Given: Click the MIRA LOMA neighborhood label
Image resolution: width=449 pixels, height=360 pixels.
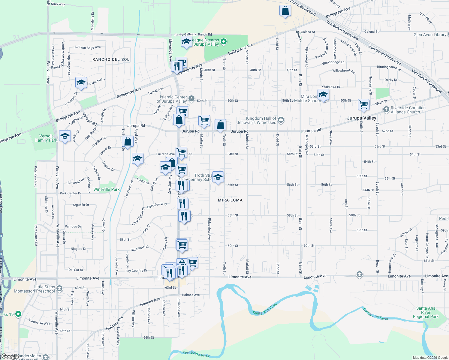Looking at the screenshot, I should click(230, 200).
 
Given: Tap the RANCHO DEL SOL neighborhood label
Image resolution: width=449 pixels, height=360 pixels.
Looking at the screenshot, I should click(111, 59).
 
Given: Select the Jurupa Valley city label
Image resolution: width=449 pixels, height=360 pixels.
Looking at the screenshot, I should click(361, 118).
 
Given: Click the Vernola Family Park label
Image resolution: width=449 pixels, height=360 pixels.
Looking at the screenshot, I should click(46, 138).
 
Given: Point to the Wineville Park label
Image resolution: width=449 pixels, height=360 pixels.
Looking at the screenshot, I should click(106, 189).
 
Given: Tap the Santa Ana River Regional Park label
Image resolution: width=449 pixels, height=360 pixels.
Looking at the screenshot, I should click(426, 312).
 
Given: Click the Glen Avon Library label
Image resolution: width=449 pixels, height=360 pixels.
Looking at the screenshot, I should click(429, 34).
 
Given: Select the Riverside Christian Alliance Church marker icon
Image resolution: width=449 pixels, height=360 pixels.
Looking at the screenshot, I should click(386, 109).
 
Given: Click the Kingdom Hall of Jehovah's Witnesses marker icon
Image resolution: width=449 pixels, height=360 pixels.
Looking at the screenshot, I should click(281, 120).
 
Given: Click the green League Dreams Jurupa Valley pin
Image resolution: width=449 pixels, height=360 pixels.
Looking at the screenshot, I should click(224, 42).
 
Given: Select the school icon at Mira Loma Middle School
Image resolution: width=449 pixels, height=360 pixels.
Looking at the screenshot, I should click(323, 95).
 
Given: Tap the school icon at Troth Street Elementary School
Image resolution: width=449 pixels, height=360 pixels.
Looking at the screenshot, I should click(218, 177).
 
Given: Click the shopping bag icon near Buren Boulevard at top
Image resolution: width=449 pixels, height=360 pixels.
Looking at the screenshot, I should click(285, 11).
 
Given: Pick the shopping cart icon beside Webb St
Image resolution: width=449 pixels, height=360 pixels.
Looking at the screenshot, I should click(363, 105).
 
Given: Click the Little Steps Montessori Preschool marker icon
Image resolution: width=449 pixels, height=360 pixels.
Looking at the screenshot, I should click(59, 289).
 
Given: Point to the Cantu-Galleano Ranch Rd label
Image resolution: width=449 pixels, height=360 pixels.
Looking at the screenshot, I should click(193, 34).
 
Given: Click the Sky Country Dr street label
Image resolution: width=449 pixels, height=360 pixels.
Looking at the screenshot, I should click(136, 271).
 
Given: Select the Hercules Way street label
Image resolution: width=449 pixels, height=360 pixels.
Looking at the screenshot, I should click(157, 205).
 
